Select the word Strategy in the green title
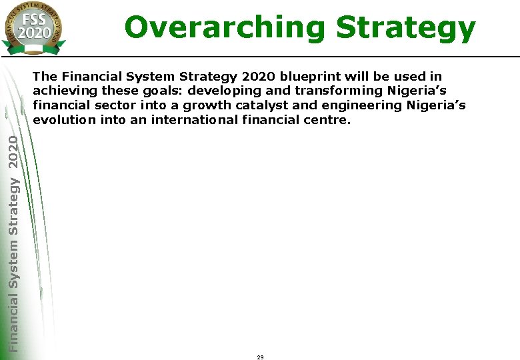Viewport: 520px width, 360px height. tap(405, 28)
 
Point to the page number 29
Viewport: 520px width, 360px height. tap(260, 357)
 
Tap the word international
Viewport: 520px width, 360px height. tap(193, 119)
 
